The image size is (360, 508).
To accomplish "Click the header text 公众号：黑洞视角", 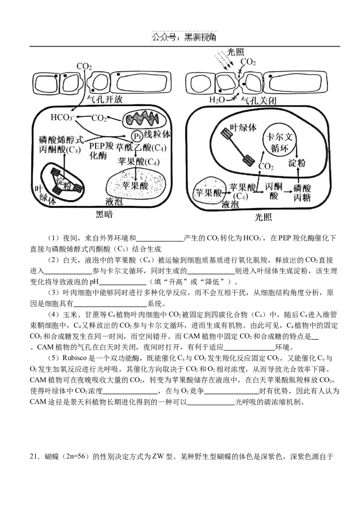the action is (184, 37).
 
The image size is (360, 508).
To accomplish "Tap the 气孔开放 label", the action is (105, 99).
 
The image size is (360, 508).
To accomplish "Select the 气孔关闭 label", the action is (258, 100).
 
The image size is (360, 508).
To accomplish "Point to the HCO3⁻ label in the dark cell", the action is (62, 117).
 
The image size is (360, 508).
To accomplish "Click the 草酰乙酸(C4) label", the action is (141, 148).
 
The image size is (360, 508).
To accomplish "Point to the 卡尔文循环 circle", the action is (279, 142).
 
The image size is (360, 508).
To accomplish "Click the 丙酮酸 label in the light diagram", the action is (274, 191).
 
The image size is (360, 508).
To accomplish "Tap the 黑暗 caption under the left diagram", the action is (104, 214).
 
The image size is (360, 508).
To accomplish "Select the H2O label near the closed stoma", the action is (216, 100).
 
